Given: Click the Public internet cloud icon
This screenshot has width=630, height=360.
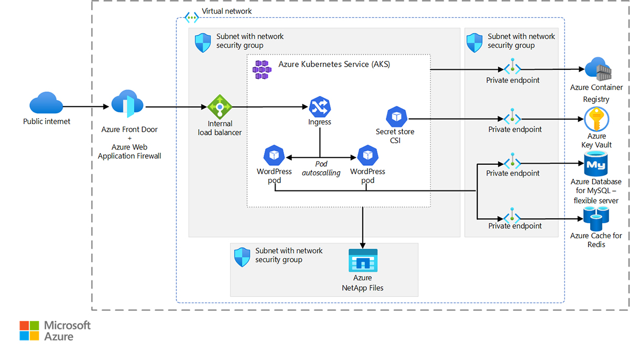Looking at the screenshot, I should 46,103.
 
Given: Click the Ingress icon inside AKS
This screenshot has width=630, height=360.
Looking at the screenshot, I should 319,107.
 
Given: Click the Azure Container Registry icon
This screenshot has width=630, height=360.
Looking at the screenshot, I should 596,69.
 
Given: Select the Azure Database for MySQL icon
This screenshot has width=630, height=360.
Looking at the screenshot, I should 596,164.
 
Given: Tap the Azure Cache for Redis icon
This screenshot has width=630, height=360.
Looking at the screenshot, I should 596,219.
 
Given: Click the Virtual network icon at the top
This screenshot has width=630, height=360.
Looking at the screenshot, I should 191,17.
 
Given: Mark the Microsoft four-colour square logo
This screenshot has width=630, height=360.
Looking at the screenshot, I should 29,331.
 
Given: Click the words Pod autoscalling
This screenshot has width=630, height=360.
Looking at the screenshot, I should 321,168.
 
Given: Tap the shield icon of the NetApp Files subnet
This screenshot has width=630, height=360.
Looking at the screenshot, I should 242,257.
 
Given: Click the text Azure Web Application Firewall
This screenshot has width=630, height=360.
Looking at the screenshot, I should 129,152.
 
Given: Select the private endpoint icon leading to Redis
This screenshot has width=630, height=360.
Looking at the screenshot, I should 512,216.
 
